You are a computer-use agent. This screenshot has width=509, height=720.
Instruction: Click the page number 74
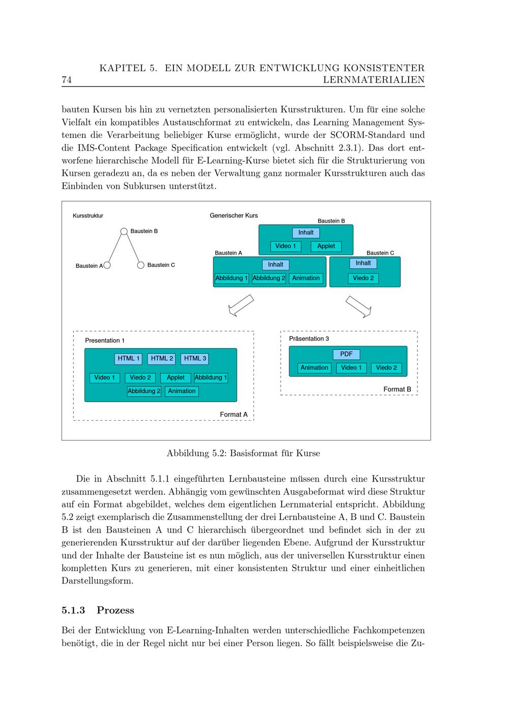66,80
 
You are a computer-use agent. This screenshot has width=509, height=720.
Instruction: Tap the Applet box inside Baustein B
326,246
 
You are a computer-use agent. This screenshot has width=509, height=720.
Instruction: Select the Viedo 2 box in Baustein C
363,279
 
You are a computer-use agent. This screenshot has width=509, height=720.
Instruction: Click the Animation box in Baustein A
306,279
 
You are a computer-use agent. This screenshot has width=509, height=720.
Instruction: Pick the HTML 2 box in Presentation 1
162,358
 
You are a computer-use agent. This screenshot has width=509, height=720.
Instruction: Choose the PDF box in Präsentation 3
346,354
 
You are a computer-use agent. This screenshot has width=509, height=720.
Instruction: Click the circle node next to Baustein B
124,231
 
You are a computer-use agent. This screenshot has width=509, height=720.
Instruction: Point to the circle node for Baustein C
141,265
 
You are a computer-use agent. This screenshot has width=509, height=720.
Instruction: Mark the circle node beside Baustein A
107,265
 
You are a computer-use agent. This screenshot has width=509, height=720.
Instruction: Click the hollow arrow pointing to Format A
241,306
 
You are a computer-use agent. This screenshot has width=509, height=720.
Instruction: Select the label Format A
234,414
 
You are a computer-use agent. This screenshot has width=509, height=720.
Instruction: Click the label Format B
397,390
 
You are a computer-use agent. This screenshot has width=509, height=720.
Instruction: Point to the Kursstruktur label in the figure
88,216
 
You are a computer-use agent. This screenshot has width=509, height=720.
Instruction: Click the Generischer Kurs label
234,216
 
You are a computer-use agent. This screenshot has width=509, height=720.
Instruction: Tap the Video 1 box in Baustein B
286,246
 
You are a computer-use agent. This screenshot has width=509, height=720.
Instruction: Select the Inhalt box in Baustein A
275,265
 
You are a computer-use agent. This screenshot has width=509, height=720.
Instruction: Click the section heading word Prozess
116,610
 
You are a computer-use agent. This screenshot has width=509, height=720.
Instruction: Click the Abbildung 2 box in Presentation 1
144,392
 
